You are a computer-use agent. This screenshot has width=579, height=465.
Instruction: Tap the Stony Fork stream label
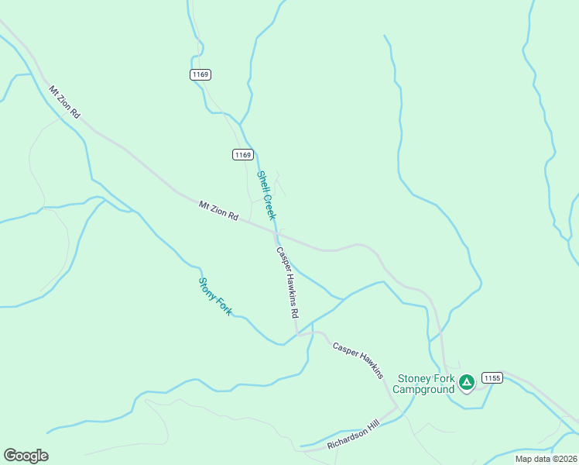pyautogui.click(x=215, y=296)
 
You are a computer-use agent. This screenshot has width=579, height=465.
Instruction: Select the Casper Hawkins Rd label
pyautogui.click(x=287, y=284)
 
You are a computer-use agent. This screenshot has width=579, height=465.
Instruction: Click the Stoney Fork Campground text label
pyautogui.click(x=426, y=384)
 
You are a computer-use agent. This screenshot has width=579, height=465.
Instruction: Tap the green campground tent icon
pyautogui.click(x=467, y=382)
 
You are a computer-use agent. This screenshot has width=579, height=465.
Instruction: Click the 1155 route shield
pyautogui.click(x=492, y=378)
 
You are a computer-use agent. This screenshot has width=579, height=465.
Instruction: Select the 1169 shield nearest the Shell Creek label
pyautogui.click(x=242, y=155)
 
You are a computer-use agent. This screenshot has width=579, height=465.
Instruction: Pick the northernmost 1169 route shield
pyautogui.click(x=200, y=74)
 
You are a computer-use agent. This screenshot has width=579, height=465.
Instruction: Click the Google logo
pyautogui.click(x=26, y=456)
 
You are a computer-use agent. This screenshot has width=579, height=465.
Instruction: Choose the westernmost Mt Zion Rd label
pyautogui.click(x=65, y=102)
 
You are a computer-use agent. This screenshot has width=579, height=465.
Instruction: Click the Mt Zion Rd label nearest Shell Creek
pyautogui.click(x=218, y=211)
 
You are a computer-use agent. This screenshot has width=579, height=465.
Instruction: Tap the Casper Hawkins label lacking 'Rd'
pyautogui.click(x=358, y=360)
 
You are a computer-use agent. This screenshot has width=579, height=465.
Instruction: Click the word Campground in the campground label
pyautogui.click(x=426, y=390)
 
